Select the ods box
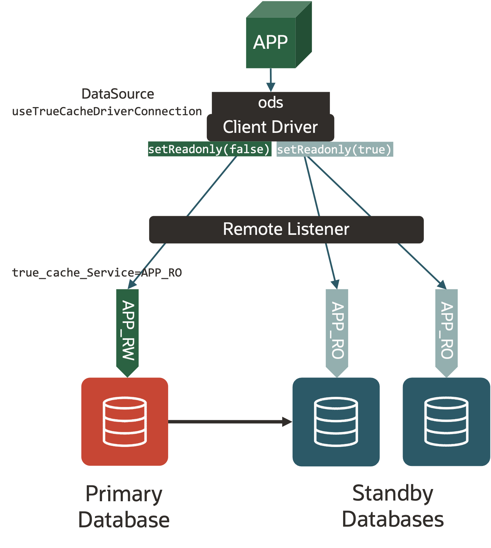click(x=271, y=102)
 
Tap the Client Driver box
click(x=270, y=127)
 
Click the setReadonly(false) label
click(x=209, y=149)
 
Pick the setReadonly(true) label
click(x=334, y=149)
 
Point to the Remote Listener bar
click(x=286, y=229)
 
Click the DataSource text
click(x=118, y=94)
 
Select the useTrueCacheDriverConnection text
click(x=107, y=111)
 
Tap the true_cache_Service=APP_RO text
click(x=97, y=272)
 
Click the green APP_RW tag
click(x=127, y=330)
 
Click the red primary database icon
click(x=124, y=421)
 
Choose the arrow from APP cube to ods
click(x=271, y=79)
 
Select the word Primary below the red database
click(x=124, y=494)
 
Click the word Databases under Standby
click(x=393, y=519)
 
